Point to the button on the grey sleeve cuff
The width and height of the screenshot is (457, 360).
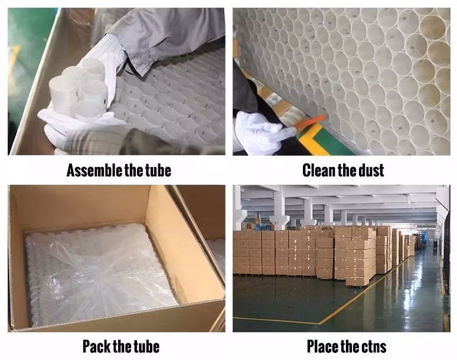click(145, 58)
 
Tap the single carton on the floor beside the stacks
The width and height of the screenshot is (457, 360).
click(357, 281)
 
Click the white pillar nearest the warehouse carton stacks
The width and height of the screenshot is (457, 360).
click(279, 208)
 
